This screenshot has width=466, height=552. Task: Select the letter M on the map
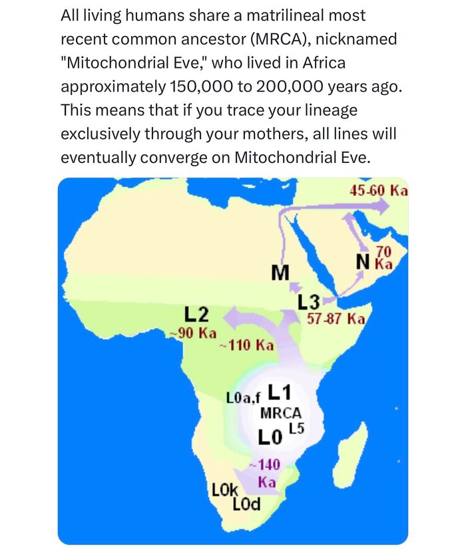pos(282,272)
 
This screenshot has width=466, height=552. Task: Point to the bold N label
pos(363,261)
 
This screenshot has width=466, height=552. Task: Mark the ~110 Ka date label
pos(247,345)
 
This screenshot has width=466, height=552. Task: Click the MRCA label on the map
pos(280,412)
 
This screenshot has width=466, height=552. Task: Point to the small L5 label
pos(296,429)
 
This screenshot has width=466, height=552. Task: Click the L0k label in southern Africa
pos(225,491)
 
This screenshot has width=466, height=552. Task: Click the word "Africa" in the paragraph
pos(324,63)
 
